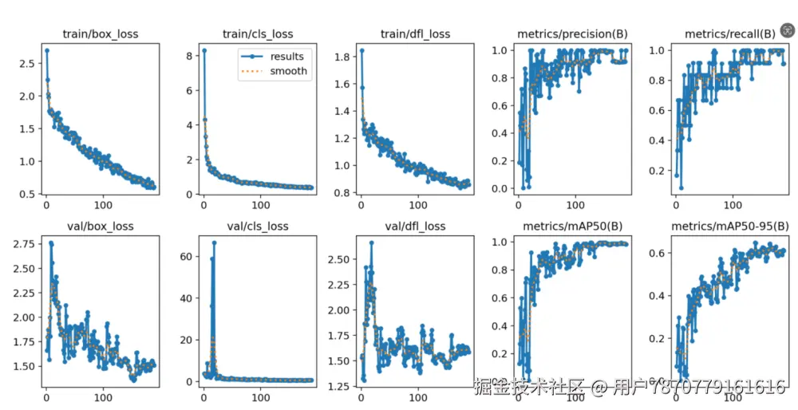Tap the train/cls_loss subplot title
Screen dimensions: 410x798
pyautogui.click(x=257, y=34)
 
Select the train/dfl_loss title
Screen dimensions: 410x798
pyautogui.click(x=415, y=34)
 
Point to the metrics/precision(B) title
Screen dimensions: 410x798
pyautogui.click(x=572, y=34)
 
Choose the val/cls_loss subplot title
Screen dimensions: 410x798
pyautogui.click(x=257, y=226)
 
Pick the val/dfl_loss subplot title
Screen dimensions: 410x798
pyautogui.click(x=415, y=226)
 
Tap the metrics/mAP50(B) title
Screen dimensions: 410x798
pyautogui.click(x=572, y=226)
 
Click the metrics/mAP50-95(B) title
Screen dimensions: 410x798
pyautogui.click(x=729, y=226)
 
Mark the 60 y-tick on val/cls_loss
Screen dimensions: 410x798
pyautogui.click(x=188, y=256)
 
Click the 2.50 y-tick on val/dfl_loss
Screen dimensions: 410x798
pyautogui.click(x=340, y=259)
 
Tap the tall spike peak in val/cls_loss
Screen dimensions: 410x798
pyautogui.click(x=214, y=242)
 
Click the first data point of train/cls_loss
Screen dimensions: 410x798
pyautogui.click(x=203, y=50)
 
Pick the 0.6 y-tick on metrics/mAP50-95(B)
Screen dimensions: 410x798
pyautogui.click(x=659, y=254)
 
